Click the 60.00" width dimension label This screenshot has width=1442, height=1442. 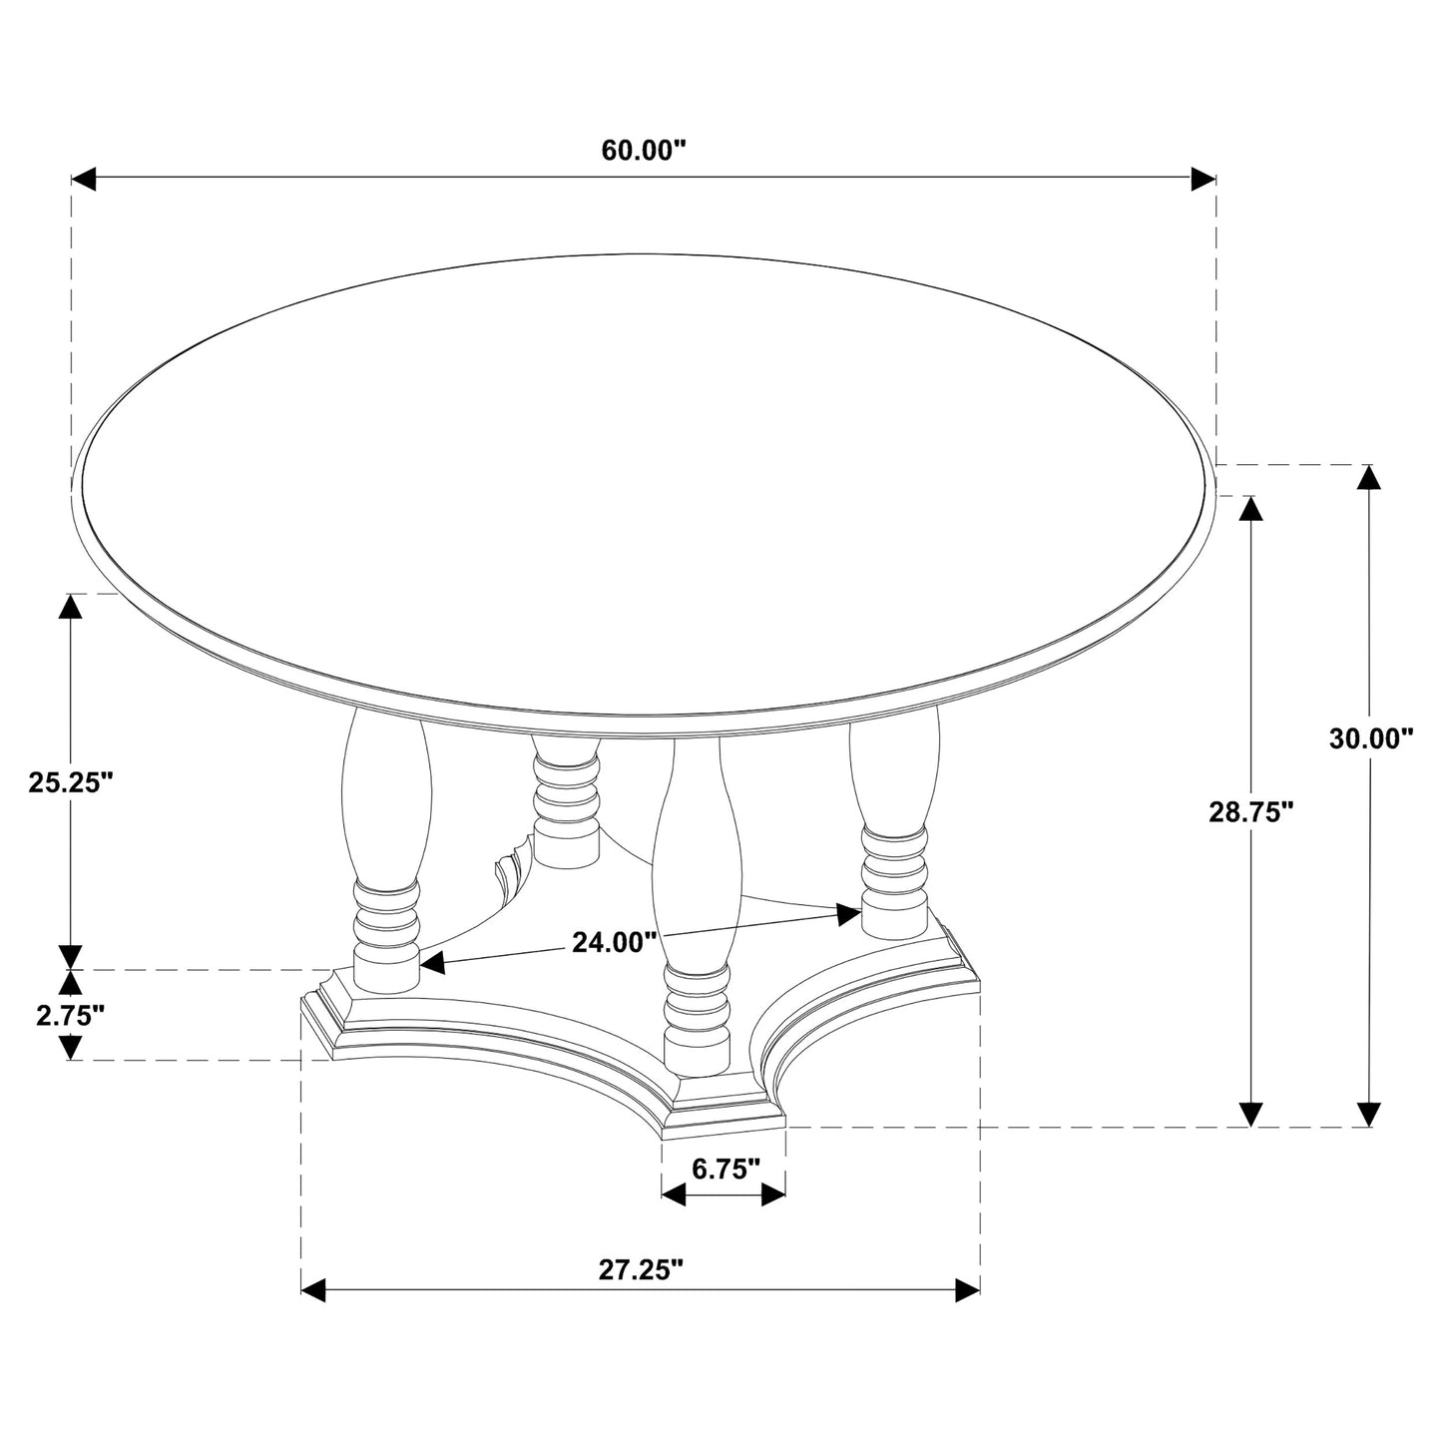coord(644,150)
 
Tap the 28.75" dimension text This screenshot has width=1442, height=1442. coord(1251,812)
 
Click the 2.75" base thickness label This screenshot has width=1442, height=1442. coord(70,1016)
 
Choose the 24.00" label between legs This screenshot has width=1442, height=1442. coord(614,941)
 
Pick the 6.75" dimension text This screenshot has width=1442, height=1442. coord(725,1170)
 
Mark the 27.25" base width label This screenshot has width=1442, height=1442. coord(641,1269)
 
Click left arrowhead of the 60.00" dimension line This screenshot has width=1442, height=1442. coord(83,179)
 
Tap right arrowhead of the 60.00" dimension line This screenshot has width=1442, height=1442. coord(1203,179)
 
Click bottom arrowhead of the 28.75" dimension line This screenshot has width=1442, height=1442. coord(1251,1114)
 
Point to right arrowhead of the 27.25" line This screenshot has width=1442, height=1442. coord(967,1289)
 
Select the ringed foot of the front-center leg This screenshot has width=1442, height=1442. coord(696,1022)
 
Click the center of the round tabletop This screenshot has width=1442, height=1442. coord(644,484)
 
